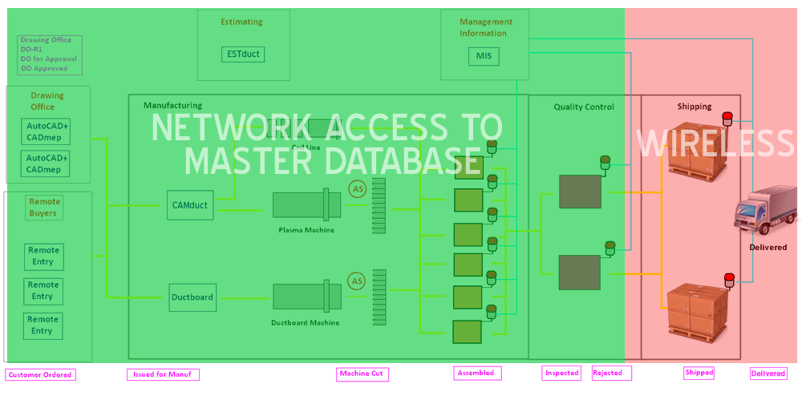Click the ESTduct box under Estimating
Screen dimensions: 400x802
tap(242, 55)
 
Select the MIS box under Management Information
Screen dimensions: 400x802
tap(483, 57)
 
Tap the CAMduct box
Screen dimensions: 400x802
tap(190, 205)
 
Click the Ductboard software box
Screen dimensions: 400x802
tap(192, 297)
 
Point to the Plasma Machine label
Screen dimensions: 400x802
tap(306, 230)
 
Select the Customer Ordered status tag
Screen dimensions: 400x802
tap(40, 374)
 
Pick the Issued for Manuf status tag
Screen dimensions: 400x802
tap(163, 374)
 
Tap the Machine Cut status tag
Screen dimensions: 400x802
tap(362, 374)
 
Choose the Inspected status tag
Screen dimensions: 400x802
tap(562, 373)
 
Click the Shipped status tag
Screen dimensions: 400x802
tap(699, 373)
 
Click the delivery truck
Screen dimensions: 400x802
tap(766, 212)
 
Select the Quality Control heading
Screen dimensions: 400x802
tap(584, 107)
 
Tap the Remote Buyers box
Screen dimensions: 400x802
tap(44, 208)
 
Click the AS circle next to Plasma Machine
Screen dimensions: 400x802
tap(357, 188)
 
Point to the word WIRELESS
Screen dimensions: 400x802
tap(715, 143)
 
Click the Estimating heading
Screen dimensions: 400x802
tap(241, 22)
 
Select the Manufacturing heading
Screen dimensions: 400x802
tap(172, 105)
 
